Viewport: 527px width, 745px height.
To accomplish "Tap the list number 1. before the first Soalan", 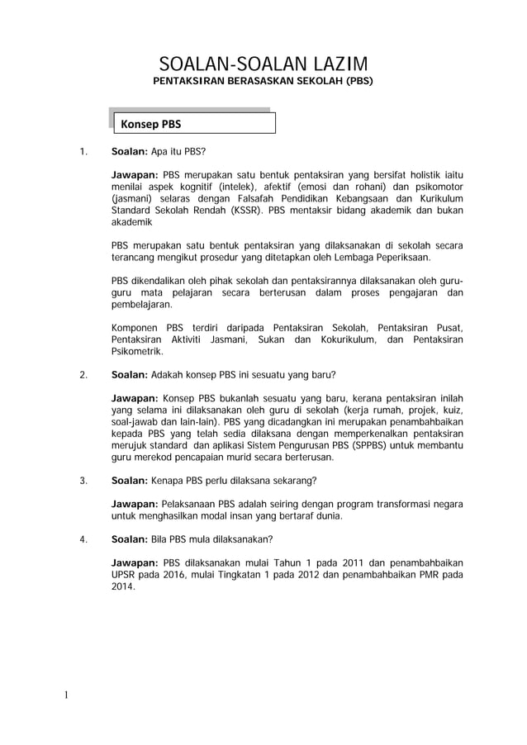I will (x=83, y=153).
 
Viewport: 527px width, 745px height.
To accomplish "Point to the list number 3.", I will (x=83, y=482).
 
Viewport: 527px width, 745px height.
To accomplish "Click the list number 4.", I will (x=83, y=540).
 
